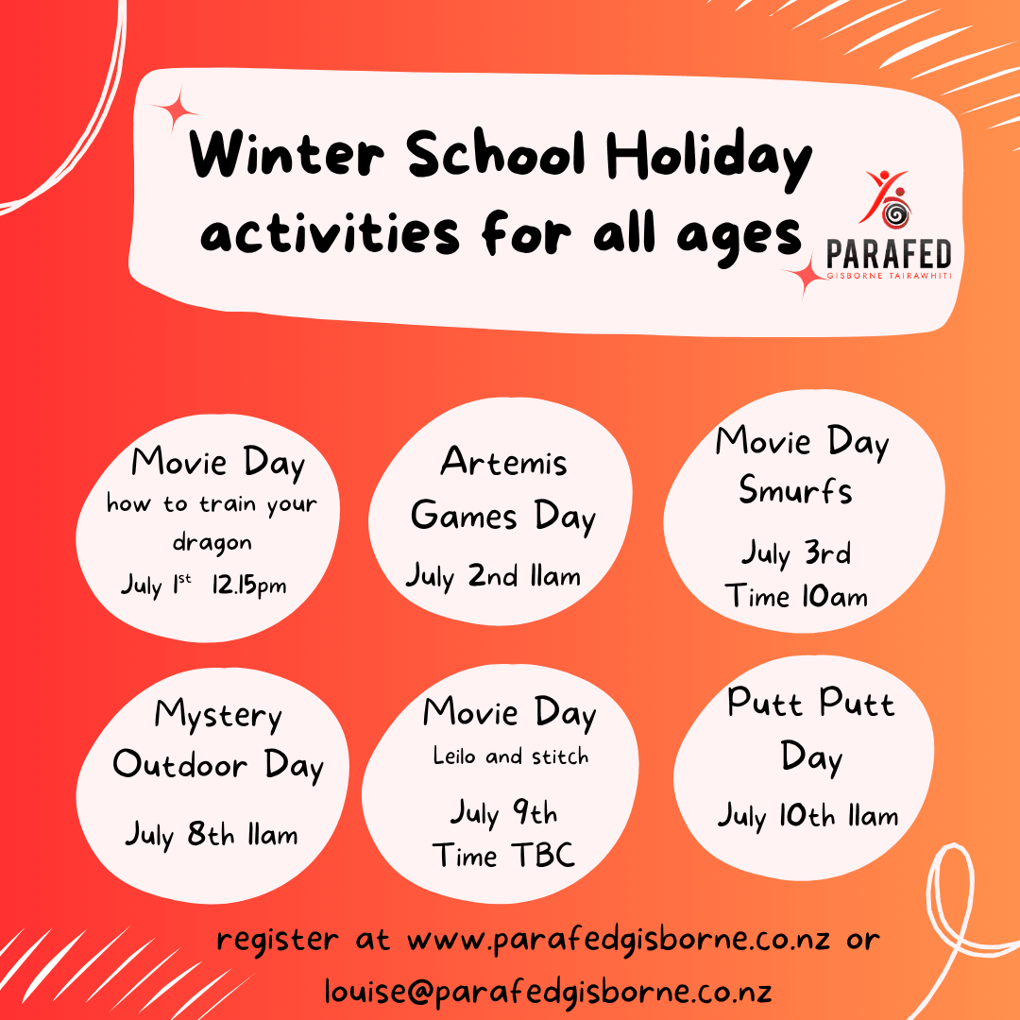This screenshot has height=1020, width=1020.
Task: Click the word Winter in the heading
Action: coord(286,154)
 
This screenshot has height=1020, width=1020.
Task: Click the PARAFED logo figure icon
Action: coord(887,199)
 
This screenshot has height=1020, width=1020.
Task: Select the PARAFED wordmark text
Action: coord(889,254)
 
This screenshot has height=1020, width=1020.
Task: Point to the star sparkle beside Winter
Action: coord(175,110)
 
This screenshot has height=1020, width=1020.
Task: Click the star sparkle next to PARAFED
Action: coord(807,276)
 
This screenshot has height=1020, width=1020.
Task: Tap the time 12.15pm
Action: coord(248,586)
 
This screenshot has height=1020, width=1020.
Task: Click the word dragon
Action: coord(212,542)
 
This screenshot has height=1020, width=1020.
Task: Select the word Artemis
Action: coord(503,461)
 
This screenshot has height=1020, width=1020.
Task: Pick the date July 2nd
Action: coord(462,576)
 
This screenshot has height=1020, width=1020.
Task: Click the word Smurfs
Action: coord(795,489)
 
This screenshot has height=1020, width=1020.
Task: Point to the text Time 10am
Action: coord(796,596)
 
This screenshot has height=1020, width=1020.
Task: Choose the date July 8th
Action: coord(179,834)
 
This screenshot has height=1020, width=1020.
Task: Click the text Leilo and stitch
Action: coord(511,756)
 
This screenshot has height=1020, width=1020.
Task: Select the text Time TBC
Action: coord(503,855)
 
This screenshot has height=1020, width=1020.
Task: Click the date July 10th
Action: coord(776,816)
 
